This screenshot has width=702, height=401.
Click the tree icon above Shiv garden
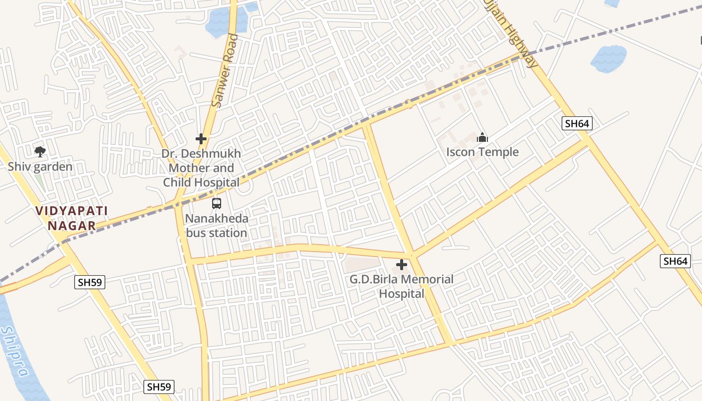[40, 151]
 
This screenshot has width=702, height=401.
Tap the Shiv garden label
[40, 167]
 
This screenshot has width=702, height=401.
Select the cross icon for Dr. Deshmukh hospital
[201, 139]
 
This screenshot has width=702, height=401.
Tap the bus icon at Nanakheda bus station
[217, 204]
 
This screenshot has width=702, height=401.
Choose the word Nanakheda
[217, 219]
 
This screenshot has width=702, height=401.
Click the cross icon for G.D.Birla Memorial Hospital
[402, 265]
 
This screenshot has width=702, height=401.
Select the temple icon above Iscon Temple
[482, 137]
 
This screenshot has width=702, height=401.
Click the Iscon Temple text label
[482, 152]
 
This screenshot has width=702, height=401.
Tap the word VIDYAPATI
[72, 211]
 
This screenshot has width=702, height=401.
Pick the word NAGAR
[72, 226]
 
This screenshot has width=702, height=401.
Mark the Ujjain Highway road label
[511, 33]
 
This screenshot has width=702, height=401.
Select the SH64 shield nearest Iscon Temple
[577, 123]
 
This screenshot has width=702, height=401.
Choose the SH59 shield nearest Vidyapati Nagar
[90, 282]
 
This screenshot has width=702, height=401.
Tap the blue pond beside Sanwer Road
[223, 23]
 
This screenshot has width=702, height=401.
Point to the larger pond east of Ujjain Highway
[609, 59]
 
